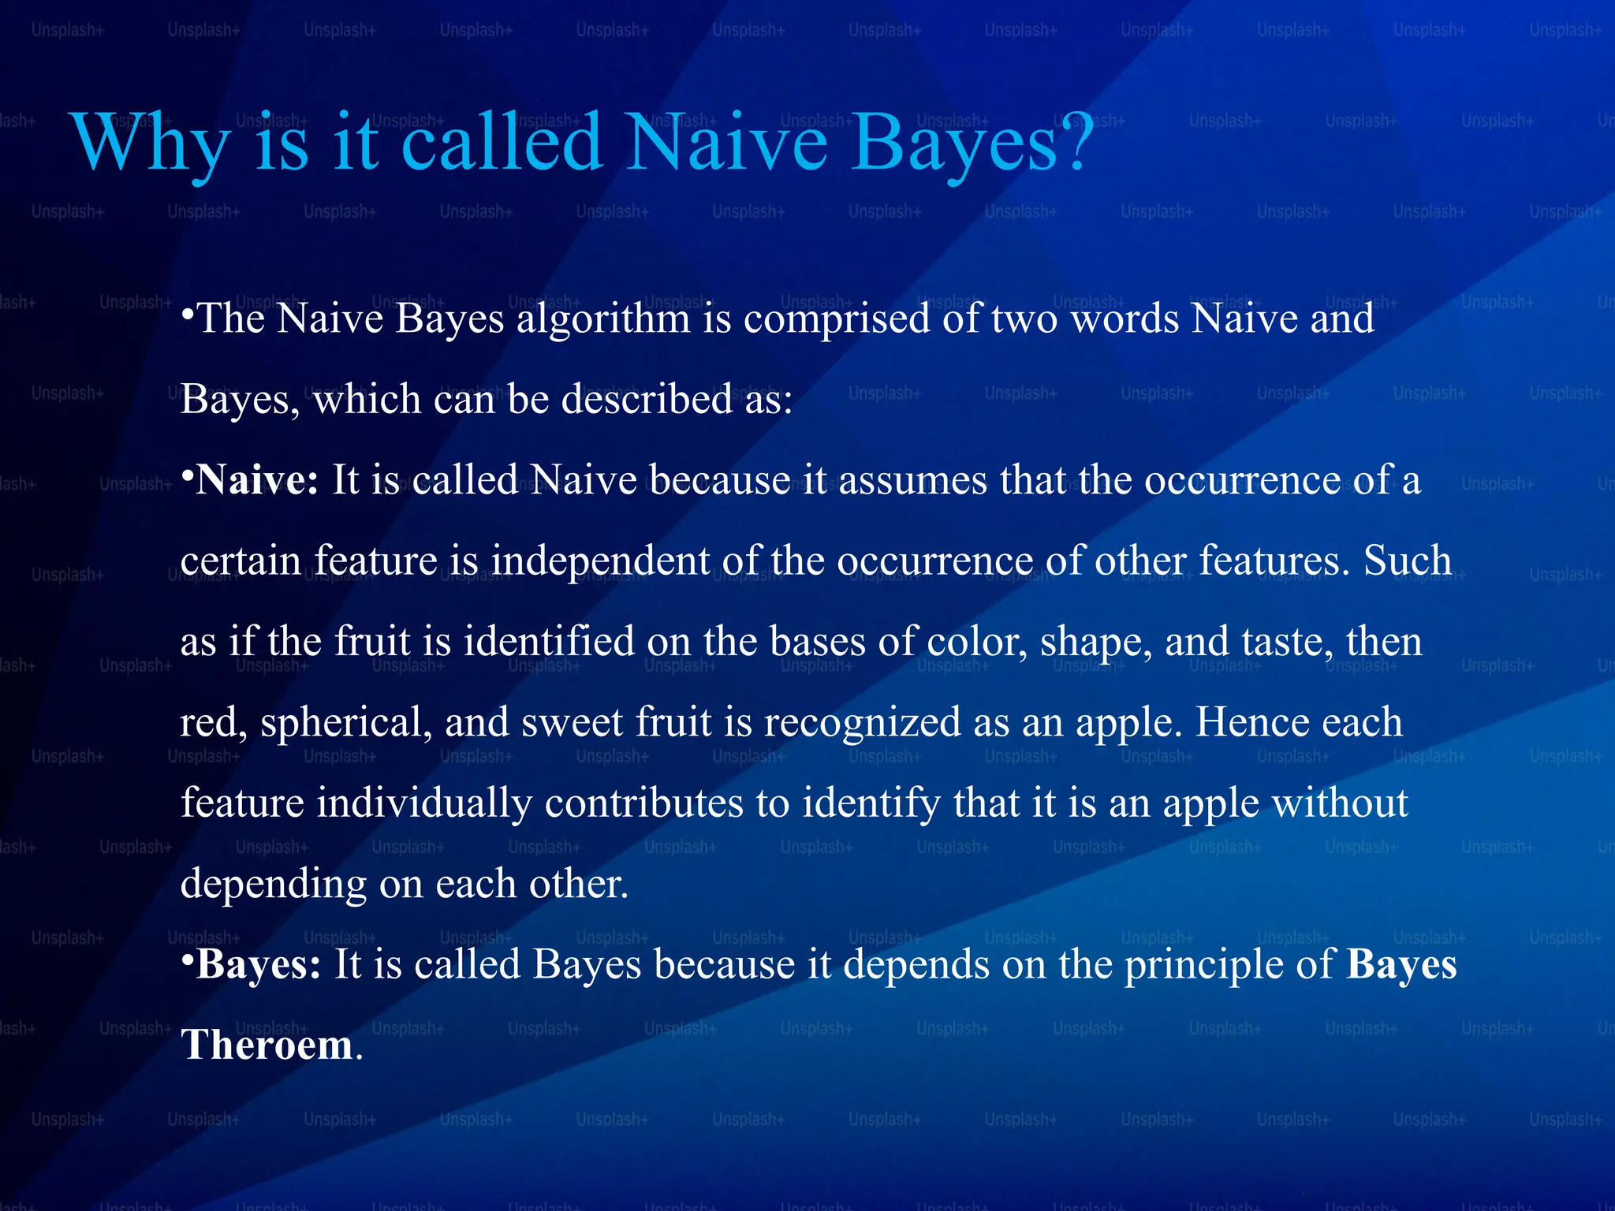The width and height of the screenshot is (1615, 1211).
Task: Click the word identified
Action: point(548,641)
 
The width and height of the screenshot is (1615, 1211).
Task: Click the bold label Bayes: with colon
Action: point(258,964)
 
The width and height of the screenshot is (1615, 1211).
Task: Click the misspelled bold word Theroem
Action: point(267,1045)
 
